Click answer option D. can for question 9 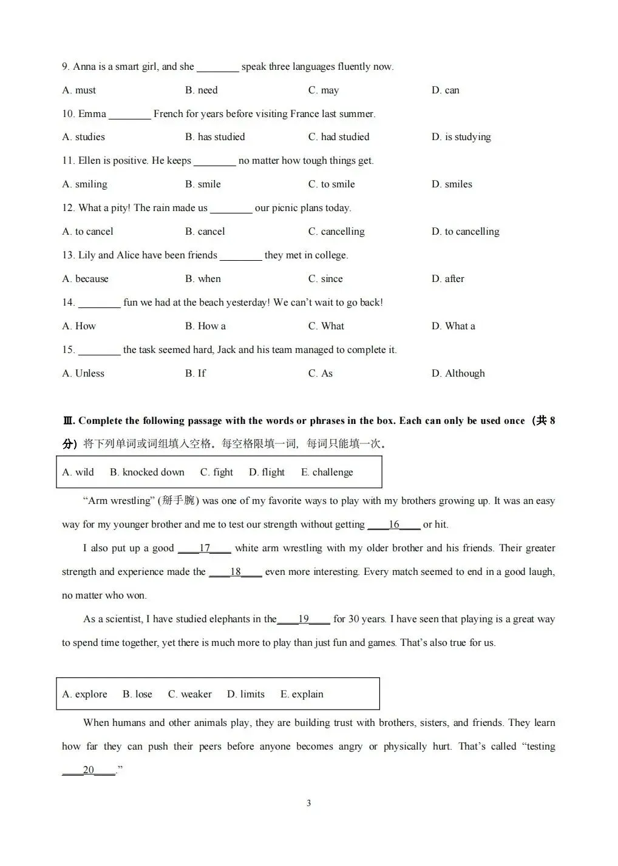pos(445,90)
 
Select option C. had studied pos(338,137)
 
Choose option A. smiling pos(84,184)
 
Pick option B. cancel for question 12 pos(205,232)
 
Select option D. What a pos(453,326)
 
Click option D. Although pos(458,374)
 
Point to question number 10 pos(68,114)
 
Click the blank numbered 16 pos(394,525)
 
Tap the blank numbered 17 pos(205,548)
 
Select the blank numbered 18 pos(236,572)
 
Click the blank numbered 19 pos(304,619)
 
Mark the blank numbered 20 pos(89,770)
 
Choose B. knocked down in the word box pos(147,472)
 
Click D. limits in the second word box pos(245,694)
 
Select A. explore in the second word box pos(84,694)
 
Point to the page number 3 pos(308,804)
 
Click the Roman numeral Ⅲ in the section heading pos(67,421)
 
